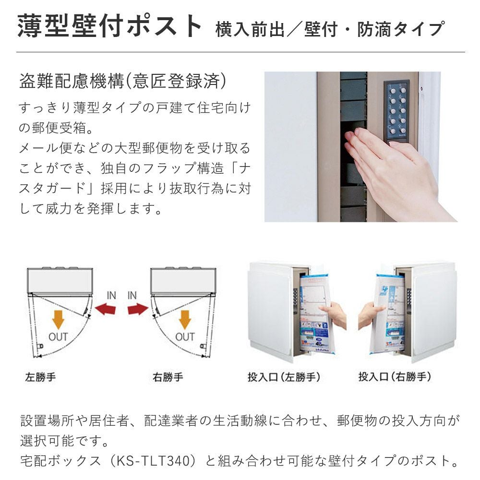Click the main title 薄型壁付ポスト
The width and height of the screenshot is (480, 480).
tap(109, 26)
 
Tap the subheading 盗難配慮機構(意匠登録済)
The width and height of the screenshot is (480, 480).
tap(123, 81)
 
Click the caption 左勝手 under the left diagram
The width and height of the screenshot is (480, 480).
tap(40, 377)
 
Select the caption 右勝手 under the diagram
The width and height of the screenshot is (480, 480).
tap(168, 377)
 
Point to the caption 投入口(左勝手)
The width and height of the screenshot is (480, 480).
tap(284, 377)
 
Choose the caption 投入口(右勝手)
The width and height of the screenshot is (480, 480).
tap(395, 377)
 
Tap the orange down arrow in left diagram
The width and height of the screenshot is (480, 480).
tap(58, 319)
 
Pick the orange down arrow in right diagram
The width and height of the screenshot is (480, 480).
tap(185, 319)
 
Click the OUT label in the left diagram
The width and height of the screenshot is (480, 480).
tap(58, 337)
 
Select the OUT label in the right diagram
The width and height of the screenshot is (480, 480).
tap(185, 337)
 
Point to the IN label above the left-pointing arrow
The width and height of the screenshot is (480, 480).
tap(111, 295)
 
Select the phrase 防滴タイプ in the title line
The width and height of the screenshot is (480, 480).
tap(400, 29)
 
